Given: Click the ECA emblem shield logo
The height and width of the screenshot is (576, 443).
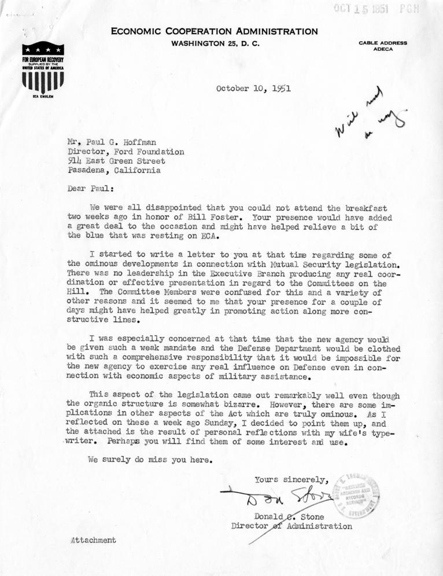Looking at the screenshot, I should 43,68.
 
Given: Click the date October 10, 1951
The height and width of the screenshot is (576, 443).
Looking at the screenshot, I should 253,90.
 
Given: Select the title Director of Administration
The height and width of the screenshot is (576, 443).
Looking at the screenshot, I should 291,526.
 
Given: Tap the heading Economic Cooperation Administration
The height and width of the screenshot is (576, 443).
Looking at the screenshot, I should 215,32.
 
